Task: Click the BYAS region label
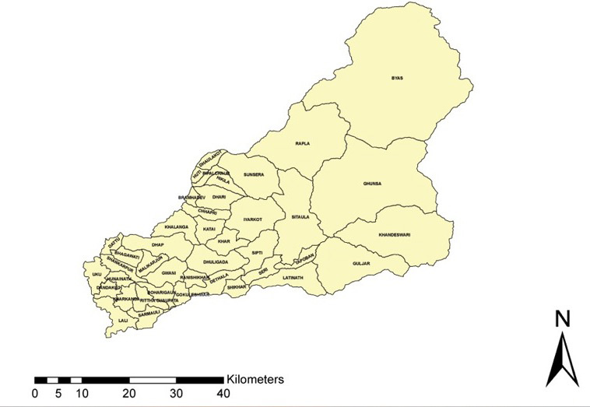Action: pyautogui.click(x=397, y=78)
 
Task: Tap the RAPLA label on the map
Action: pyautogui.click(x=303, y=144)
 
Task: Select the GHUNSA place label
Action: pyautogui.click(x=372, y=184)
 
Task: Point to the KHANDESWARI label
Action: pyautogui.click(x=394, y=234)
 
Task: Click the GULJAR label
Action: pyautogui.click(x=361, y=264)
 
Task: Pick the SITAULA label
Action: pyautogui.click(x=300, y=217)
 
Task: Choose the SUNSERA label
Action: pyautogui.click(x=254, y=174)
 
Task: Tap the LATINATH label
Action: pyautogui.click(x=293, y=277)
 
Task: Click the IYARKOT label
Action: pyautogui.click(x=252, y=220)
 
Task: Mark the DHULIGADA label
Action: pyautogui.click(x=216, y=263)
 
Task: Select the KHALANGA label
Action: pyautogui.click(x=176, y=226)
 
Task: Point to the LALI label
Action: pyautogui.click(x=123, y=320)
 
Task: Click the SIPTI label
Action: pyautogui.click(x=257, y=254)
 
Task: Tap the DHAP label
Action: pyautogui.click(x=158, y=245)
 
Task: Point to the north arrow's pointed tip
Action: pyautogui.click(x=562, y=332)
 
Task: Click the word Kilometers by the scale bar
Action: pyautogui.click(x=255, y=379)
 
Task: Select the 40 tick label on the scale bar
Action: pyautogui.click(x=224, y=393)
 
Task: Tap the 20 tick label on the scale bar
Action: pyautogui.click(x=129, y=393)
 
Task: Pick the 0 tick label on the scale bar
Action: pyautogui.click(x=35, y=393)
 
